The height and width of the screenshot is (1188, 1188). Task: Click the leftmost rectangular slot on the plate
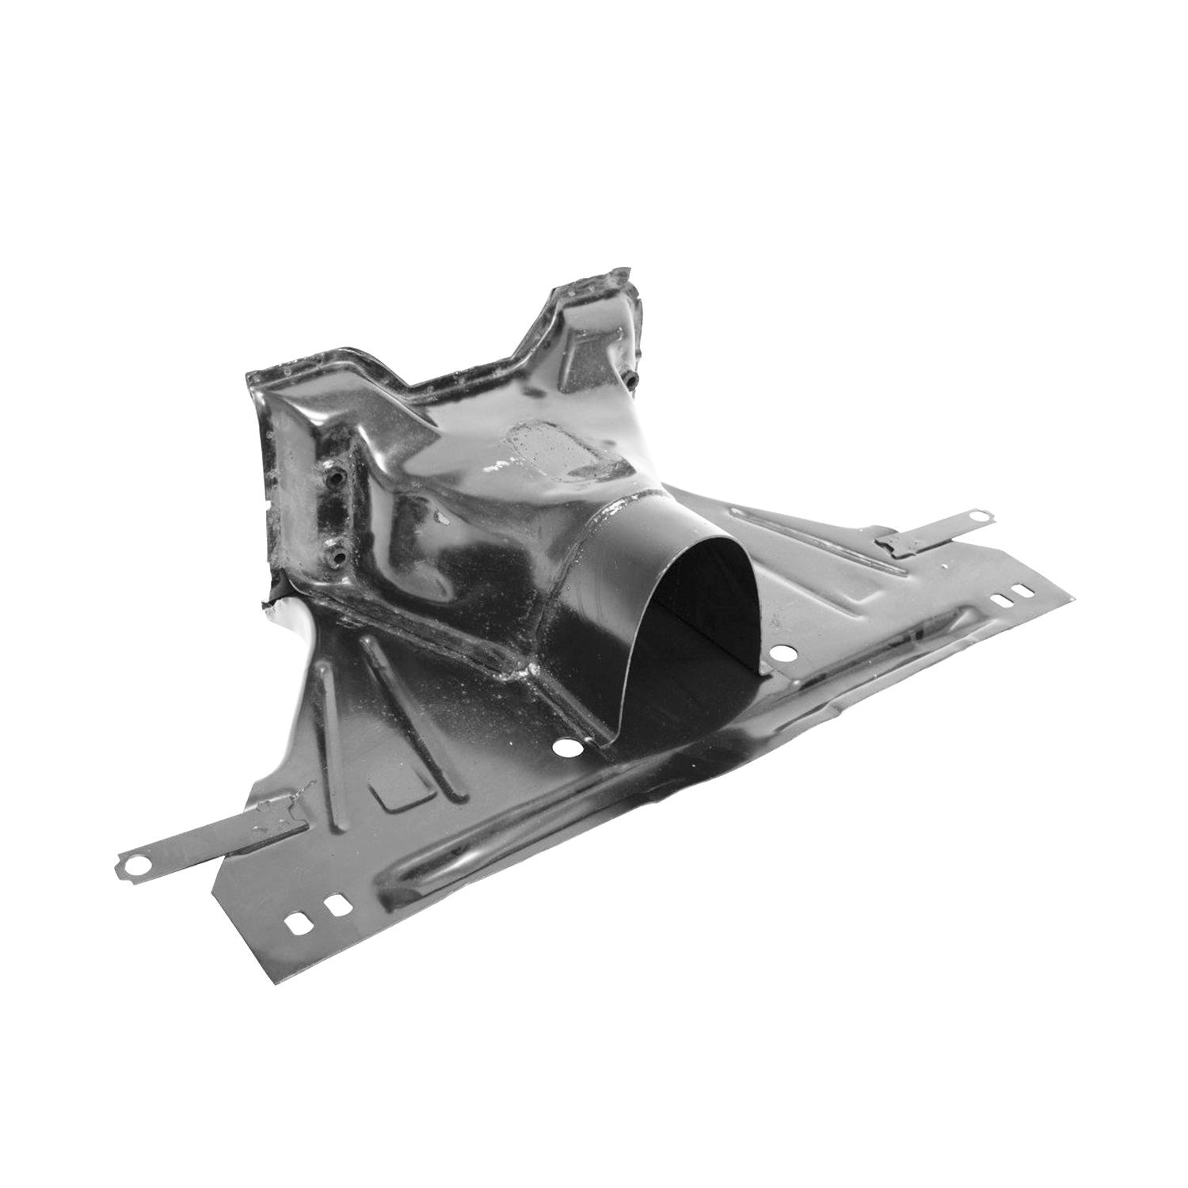point(299,923)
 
